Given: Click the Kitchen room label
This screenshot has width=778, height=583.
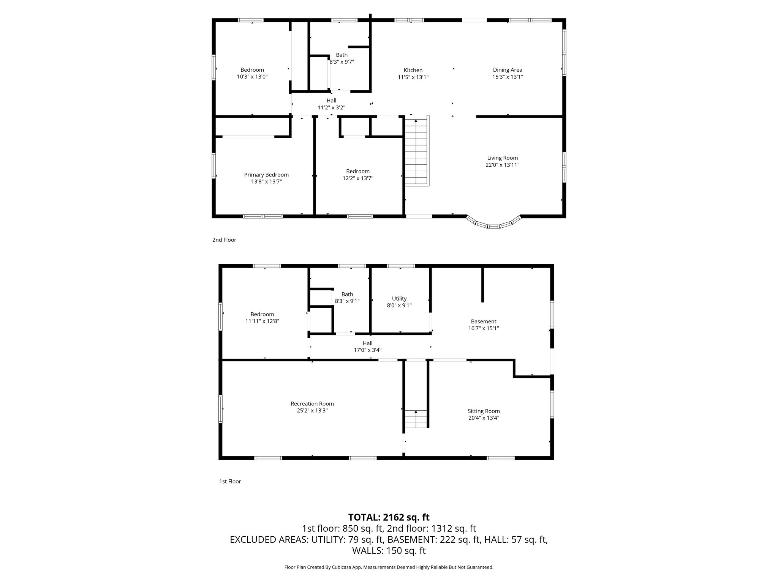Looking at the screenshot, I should pyautogui.click(x=413, y=70).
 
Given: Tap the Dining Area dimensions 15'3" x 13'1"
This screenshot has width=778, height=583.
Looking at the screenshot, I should pyautogui.click(x=508, y=77).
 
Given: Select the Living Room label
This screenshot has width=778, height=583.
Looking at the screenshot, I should pyautogui.click(x=502, y=158).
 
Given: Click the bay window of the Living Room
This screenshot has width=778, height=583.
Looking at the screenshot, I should pyautogui.click(x=493, y=225).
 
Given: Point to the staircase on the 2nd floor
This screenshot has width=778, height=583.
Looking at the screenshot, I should pyautogui.click(x=416, y=152).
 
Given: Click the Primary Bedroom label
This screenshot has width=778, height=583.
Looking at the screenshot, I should pyautogui.click(x=266, y=175).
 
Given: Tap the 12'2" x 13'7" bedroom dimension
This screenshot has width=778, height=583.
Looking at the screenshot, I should pyautogui.click(x=358, y=178).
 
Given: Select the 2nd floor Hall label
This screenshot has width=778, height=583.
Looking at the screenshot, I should pyautogui.click(x=331, y=101).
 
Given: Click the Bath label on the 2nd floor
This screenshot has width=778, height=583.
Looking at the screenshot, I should pyautogui.click(x=342, y=55).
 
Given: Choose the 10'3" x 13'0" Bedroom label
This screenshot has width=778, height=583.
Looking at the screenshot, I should pyautogui.click(x=252, y=70).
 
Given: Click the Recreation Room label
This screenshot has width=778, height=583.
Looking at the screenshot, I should pyautogui.click(x=312, y=404).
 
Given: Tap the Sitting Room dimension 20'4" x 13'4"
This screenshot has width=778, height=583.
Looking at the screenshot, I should pyautogui.click(x=484, y=418).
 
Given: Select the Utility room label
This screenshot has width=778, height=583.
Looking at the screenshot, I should pyautogui.click(x=399, y=299).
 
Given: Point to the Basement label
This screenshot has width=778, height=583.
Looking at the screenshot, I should pyautogui.click(x=483, y=321).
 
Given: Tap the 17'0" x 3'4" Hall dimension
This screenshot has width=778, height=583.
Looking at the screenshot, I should pyautogui.click(x=367, y=350).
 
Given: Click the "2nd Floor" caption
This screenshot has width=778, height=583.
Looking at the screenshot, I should pyautogui.click(x=224, y=240).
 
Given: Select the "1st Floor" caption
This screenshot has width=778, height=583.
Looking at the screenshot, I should pyautogui.click(x=230, y=482).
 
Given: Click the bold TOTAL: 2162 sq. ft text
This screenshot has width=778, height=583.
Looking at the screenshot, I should pyautogui.click(x=389, y=517).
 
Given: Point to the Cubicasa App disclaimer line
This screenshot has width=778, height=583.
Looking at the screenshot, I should pyautogui.click(x=389, y=567).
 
